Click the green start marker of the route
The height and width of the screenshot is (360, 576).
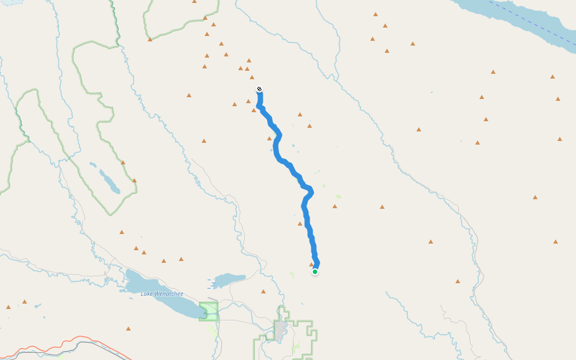click(x=314, y=272)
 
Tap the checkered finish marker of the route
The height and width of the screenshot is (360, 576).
click(x=259, y=89)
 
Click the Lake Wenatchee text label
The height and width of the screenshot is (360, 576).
click(x=161, y=293)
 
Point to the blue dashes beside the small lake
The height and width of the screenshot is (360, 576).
click(x=211, y=283)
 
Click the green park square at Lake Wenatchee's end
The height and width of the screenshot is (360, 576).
click(x=209, y=311)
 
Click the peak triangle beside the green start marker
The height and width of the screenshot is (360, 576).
click(x=311, y=264)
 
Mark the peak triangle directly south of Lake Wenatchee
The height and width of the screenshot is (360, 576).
click(x=128, y=328)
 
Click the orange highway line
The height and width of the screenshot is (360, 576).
click(x=36, y=346)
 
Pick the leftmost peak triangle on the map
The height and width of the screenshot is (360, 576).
click(x=8, y=307)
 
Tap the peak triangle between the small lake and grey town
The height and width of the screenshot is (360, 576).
click(x=263, y=292)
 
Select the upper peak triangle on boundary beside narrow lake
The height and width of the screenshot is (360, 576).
click(x=123, y=162)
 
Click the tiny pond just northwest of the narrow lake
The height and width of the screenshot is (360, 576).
click(x=92, y=164)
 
